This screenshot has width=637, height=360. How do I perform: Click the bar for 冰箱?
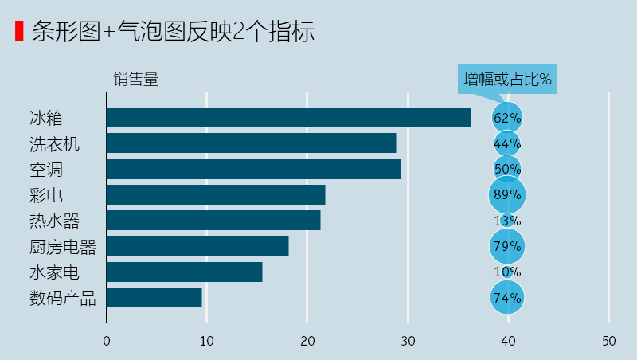click(x=288, y=118)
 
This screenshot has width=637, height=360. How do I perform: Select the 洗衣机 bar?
click(x=251, y=143)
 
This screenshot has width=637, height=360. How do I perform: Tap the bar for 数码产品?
click(x=154, y=298)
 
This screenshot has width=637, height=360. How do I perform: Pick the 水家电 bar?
click(x=184, y=272)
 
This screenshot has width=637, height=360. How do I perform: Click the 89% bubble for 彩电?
click(x=507, y=195)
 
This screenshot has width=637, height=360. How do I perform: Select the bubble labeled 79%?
click(x=507, y=246)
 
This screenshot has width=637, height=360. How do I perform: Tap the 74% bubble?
click(x=507, y=298)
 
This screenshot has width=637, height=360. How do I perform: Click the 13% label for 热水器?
click(x=507, y=221)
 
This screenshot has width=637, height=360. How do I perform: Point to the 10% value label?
click(x=507, y=272)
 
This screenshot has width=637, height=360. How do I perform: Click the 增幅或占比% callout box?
click(x=508, y=80)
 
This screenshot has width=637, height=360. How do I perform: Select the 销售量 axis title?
click(x=135, y=79)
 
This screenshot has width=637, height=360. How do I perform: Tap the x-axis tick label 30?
click(x=408, y=342)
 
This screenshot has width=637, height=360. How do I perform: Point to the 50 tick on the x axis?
click(x=608, y=342)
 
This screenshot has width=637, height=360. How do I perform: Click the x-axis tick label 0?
click(x=107, y=342)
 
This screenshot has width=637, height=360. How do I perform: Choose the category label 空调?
click(x=45, y=170)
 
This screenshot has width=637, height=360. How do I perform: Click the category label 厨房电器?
click(x=62, y=247)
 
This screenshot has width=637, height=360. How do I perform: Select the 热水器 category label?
click(x=54, y=221)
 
